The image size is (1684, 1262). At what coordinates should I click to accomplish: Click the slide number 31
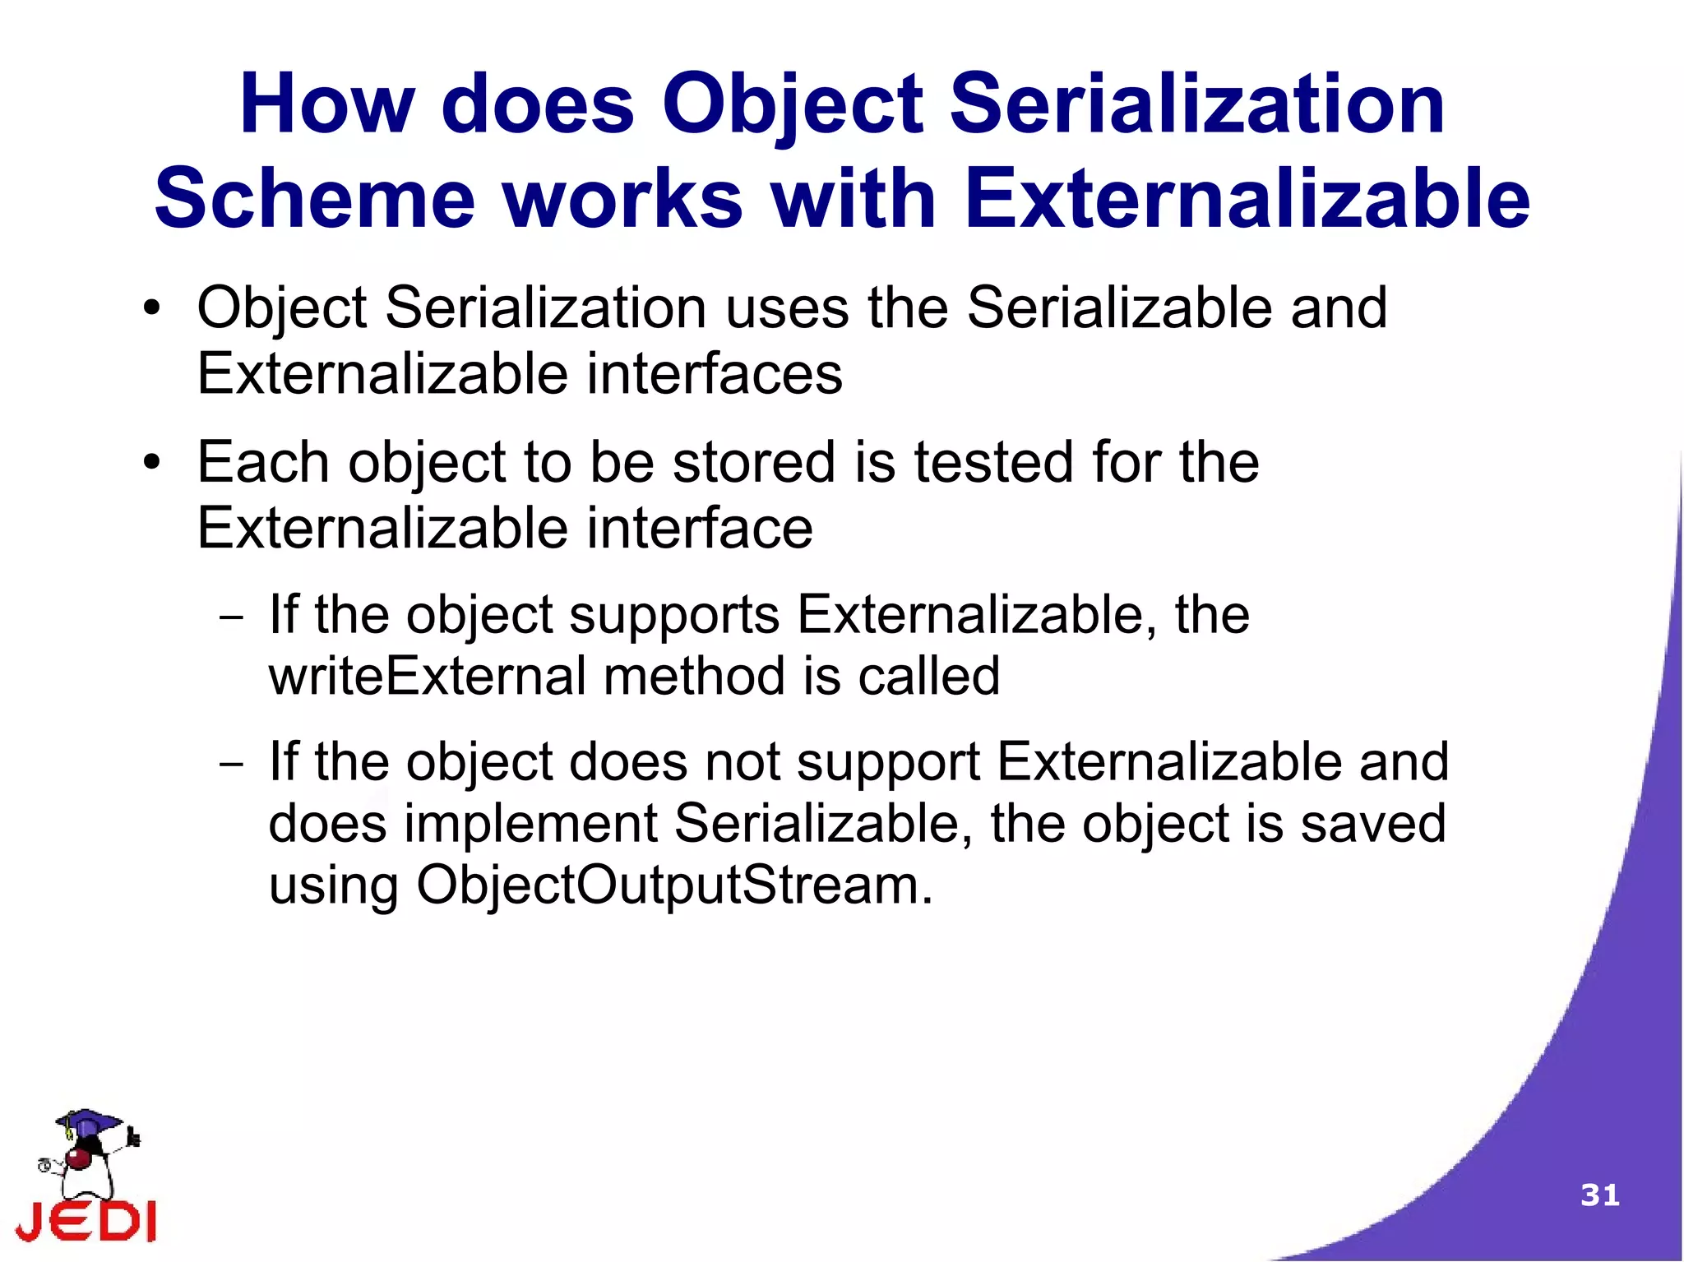[1599, 1195]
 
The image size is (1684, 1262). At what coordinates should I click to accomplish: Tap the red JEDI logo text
[86, 1220]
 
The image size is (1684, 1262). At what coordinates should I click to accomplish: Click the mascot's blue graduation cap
[88, 1122]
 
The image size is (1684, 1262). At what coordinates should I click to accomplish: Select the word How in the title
[326, 105]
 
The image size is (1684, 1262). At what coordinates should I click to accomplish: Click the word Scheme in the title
[315, 200]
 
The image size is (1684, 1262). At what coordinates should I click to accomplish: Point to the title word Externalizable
[1247, 200]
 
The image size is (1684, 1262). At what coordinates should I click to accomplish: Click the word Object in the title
[793, 105]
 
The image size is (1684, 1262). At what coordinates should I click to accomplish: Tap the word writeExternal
[428, 677]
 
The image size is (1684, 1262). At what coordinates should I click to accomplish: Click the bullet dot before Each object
[151, 463]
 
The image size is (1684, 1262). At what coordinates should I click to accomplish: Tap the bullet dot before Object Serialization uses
[151, 310]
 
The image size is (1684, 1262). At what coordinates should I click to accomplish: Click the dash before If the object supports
[232, 617]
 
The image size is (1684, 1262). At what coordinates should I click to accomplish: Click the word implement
[530, 824]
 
